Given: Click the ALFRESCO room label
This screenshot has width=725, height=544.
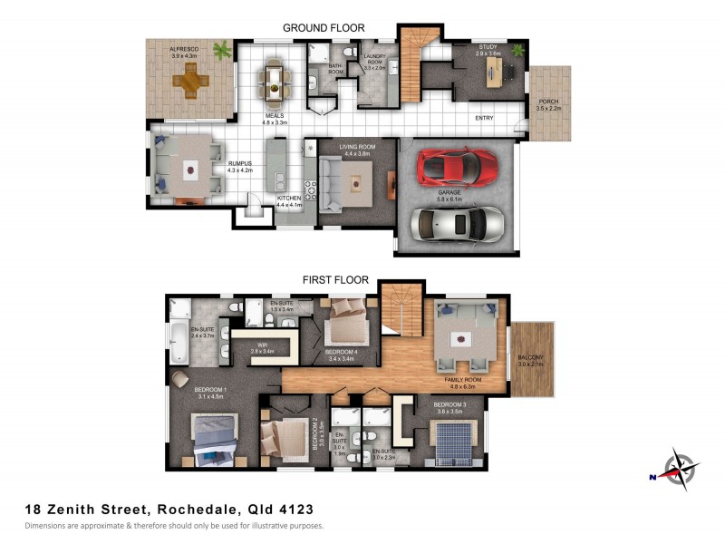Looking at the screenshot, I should (x=183, y=50).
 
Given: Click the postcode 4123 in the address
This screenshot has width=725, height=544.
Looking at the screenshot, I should (x=295, y=510).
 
